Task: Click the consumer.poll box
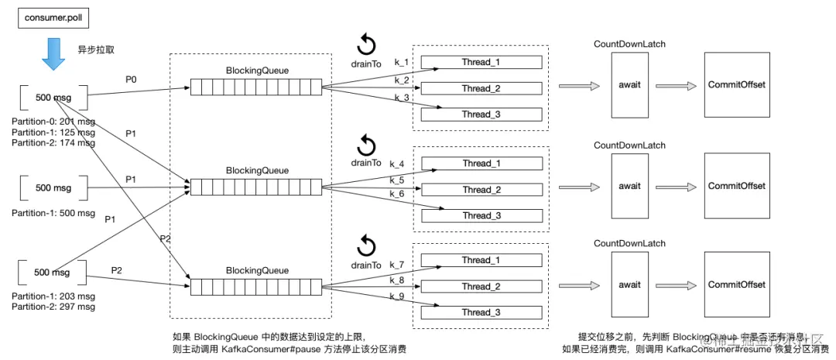tap(50, 17)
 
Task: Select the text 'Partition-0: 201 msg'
tap(53, 122)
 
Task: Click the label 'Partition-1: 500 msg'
tap(53, 213)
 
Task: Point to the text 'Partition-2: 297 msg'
tap(53, 307)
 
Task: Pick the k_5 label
tap(397, 180)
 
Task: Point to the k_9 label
tap(397, 296)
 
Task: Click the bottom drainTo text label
tap(366, 265)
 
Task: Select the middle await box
tap(629, 186)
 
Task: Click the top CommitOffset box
tap(736, 84)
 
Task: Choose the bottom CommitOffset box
tap(736, 284)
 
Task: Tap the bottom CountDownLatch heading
tap(629, 242)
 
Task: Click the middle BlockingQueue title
tap(257, 170)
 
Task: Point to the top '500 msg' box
tap(53, 98)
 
